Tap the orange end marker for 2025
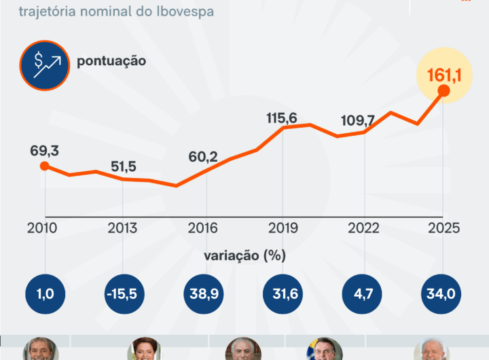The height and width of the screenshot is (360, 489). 443,91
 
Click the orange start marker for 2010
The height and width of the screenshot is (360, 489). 44,166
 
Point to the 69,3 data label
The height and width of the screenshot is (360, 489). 44,150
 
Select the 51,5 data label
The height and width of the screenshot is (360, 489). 123,166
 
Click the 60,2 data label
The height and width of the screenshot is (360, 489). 202,157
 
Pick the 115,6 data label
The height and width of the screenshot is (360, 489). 282,118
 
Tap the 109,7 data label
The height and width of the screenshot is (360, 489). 360,121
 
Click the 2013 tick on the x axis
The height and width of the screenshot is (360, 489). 123,228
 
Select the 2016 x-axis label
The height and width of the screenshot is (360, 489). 202,228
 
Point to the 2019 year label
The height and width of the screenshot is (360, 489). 282,228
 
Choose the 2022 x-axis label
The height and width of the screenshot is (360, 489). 361,228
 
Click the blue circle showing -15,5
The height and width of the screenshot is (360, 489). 123,295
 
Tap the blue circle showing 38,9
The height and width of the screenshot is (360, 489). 202,295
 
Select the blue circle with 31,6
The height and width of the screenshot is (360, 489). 282,295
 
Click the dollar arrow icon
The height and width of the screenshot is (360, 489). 46,65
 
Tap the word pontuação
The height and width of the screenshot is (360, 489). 111,61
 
